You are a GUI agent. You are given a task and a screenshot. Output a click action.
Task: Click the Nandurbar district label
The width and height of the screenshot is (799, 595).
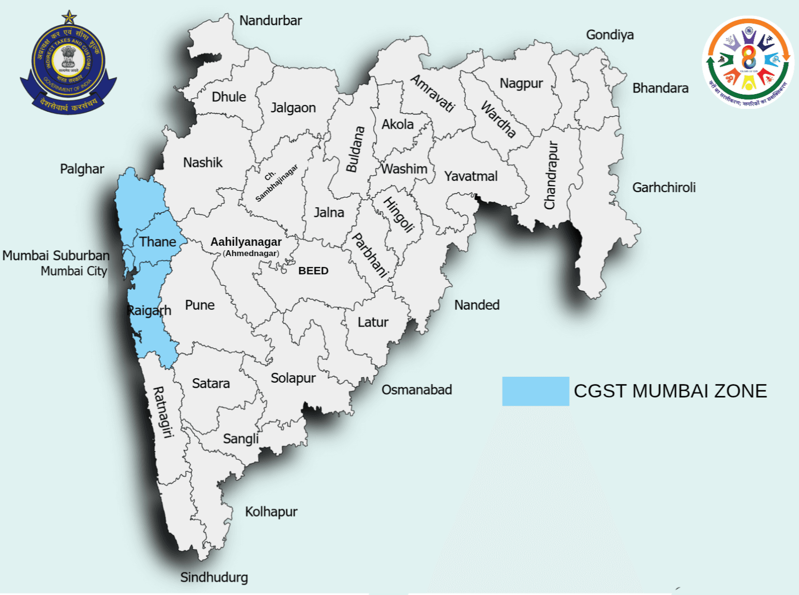[270, 21]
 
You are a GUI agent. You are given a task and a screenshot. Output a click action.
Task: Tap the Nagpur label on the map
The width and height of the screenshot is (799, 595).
[521, 83]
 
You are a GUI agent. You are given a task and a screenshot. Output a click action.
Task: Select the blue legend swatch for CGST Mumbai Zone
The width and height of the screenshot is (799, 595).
[535, 391]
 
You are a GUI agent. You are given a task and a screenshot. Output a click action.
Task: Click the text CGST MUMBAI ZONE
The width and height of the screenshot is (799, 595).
[670, 391]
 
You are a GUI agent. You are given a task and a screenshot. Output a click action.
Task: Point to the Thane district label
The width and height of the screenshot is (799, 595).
[158, 242]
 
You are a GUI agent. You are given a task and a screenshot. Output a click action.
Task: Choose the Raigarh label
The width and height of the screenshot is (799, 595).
[149, 310]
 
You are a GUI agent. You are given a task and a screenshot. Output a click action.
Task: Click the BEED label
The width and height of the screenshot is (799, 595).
[313, 271]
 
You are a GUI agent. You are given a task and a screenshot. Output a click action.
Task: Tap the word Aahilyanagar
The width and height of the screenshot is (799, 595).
[246, 242]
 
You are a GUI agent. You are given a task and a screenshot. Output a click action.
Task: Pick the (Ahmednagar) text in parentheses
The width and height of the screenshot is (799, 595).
[251, 253]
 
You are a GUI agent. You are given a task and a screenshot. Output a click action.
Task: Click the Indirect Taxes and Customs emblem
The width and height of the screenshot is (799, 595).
[68, 66]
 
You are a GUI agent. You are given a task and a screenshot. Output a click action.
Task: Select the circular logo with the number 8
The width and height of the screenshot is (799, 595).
[748, 62]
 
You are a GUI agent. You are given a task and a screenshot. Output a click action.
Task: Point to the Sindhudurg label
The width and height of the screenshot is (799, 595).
[214, 577]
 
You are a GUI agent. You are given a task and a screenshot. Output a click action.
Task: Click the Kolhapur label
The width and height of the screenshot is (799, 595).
[271, 512]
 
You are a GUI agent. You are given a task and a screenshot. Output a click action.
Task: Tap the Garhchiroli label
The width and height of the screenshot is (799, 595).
[664, 188]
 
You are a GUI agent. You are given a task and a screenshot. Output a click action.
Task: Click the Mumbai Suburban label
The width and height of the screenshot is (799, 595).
[56, 256]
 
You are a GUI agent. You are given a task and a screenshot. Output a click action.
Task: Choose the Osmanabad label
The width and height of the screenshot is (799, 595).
[416, 390]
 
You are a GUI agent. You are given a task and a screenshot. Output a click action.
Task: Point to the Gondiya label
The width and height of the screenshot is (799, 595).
[609, 35]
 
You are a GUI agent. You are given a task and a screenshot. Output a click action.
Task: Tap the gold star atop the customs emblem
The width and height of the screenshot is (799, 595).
[69, 18]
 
